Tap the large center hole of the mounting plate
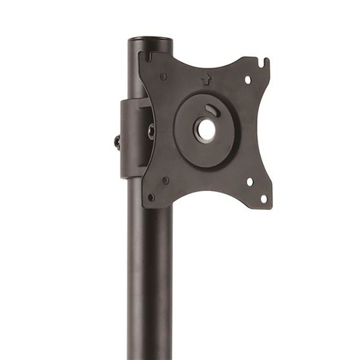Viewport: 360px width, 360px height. tap(206, 129)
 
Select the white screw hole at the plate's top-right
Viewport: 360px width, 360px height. tap(247, 79)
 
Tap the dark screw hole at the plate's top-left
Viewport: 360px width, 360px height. tap(164, 75)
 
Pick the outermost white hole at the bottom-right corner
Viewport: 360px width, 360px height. tap(263, 199)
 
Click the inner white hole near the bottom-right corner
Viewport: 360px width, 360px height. tap(249, 180)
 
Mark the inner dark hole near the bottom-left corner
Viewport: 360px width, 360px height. tap(166, 180)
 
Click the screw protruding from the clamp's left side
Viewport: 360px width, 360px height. tap(116, 141)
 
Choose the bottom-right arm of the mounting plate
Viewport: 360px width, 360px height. tap(250, 186)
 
